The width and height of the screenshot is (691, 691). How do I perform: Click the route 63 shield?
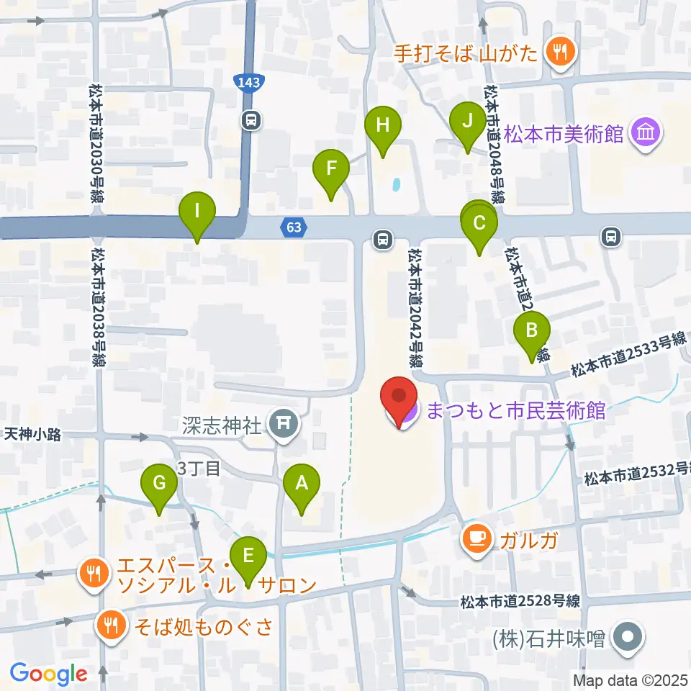coord(293,228)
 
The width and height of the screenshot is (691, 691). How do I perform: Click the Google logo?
coord(48,674)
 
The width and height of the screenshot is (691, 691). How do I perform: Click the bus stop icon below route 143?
coord(251,119)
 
